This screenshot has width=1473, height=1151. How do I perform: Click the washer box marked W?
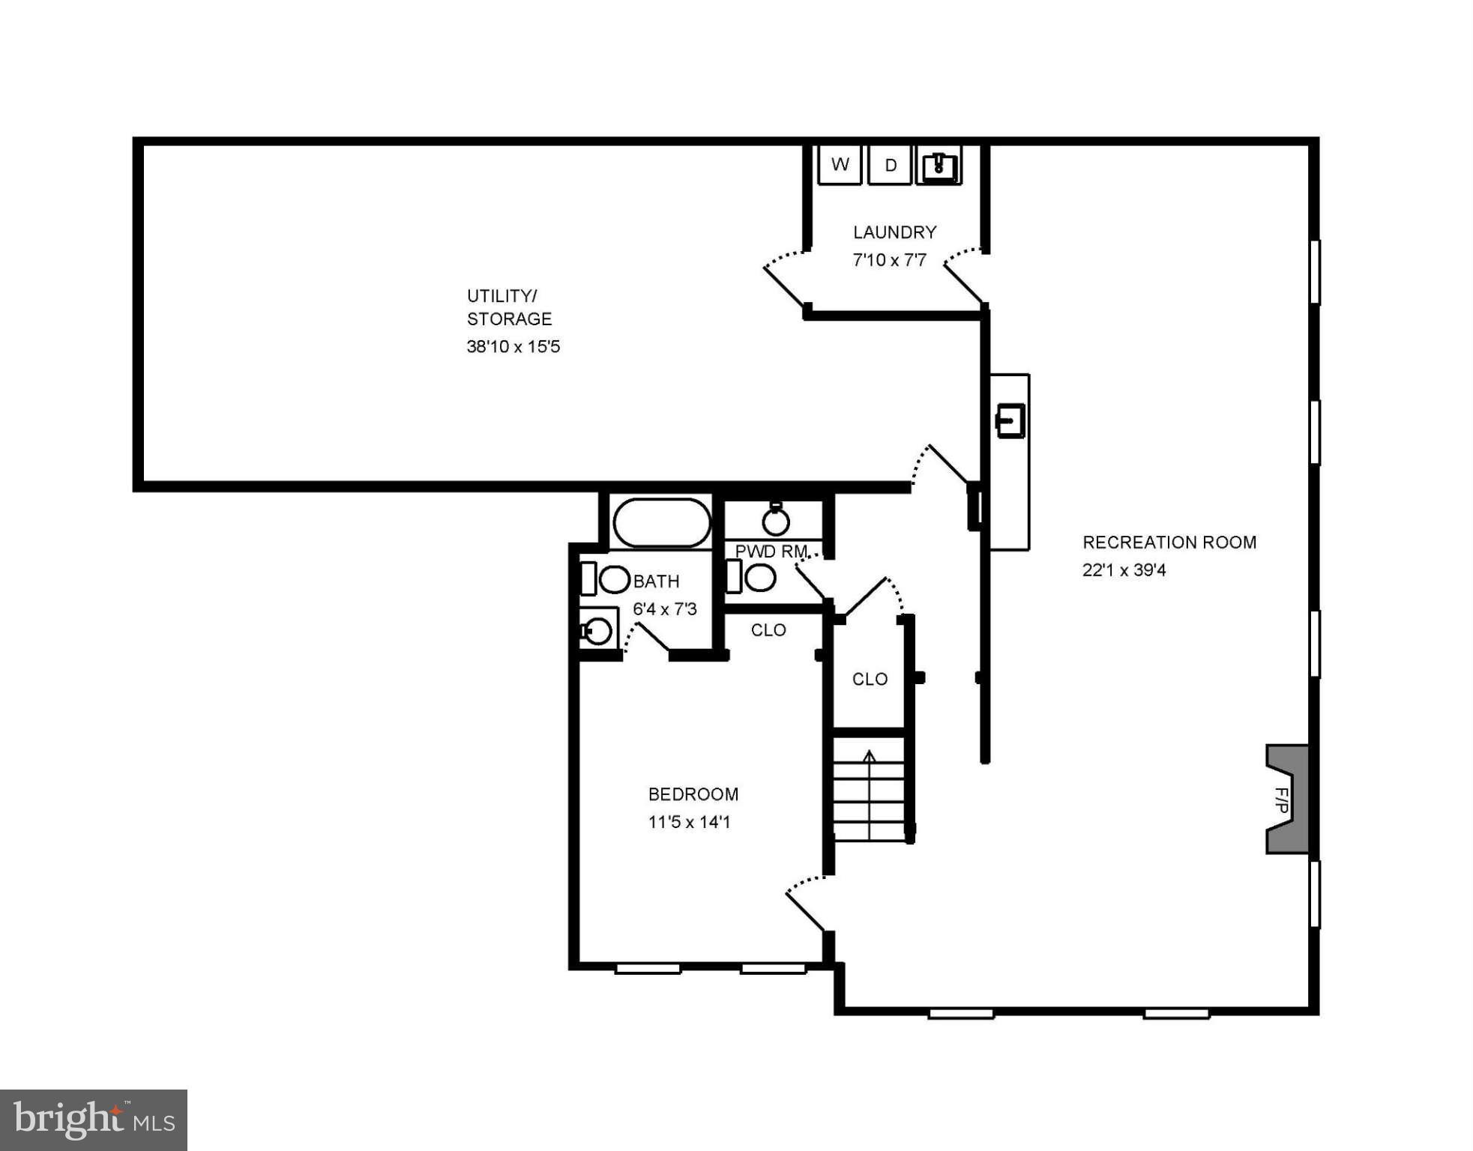(840, 164)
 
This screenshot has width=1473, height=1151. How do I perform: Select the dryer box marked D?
(890, 165)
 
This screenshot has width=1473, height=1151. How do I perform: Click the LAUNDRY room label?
(894, 232)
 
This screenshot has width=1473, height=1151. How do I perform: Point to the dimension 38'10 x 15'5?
(513, 346)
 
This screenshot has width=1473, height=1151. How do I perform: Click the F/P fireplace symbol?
(1286, 800)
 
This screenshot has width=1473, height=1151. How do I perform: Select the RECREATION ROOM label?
(1169, 543)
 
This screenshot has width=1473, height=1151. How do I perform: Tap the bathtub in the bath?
(661, 523)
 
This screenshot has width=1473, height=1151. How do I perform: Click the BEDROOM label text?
(693, 794)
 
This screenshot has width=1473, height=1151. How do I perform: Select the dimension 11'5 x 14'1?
(689, 822)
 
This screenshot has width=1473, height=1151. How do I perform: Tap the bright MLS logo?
(94, 1120)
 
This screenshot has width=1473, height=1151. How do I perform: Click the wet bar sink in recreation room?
(1010, 421)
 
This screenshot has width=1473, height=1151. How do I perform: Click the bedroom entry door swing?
(806, 903)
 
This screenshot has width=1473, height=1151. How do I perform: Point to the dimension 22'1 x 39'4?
(1124, 570)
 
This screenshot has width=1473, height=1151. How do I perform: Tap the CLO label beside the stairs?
(870, 679)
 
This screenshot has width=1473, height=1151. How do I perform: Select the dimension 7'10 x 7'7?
(889, 260)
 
